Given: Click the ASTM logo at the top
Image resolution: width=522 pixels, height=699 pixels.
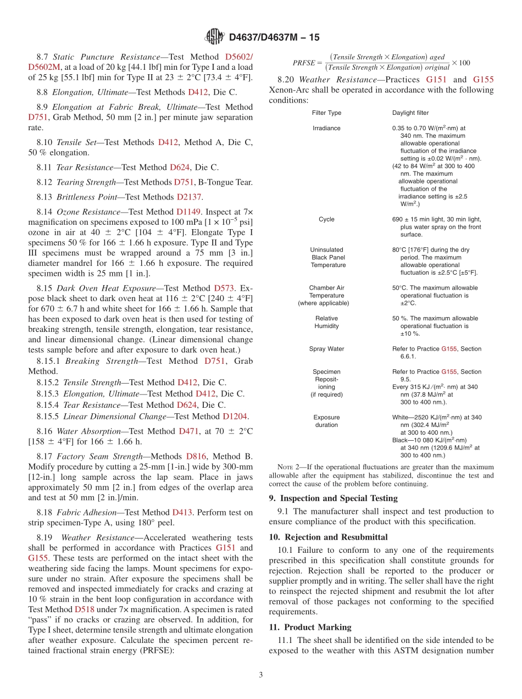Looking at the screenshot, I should click(x=214, y=37).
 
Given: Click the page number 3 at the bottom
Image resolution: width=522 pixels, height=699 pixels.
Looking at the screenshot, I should click(x=261, y=675).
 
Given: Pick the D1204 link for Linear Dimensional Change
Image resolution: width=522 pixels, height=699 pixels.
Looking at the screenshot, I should click(x=235, y=417).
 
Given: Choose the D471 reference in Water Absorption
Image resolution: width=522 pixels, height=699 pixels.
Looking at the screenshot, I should click(x=188, y=431).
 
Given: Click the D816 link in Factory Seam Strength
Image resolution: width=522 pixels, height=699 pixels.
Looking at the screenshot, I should click(x=196, y=457).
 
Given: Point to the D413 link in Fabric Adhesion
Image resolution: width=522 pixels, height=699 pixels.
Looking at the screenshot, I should click(x=182, y=513).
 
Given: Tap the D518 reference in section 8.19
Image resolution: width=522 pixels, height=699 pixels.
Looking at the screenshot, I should click(x=84, y=609).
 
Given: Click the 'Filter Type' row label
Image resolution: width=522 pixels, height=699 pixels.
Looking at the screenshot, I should click(x=326, y=113).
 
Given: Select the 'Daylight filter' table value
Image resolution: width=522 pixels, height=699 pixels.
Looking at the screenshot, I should click(x=410, y=113).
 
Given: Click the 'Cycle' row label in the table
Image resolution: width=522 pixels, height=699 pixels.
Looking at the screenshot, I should click(x=326, y=219).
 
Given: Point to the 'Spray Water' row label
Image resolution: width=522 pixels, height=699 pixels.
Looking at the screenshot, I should click(x=326, y=349).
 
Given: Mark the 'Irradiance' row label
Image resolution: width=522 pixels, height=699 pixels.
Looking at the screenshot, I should click(x=326, y=128).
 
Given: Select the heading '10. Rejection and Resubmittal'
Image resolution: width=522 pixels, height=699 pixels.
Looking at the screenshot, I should click(x=328, y=537).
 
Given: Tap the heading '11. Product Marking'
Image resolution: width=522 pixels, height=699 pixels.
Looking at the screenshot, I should click(x=310, y=627).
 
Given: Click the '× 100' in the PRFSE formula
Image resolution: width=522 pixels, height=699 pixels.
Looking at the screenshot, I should click(x=460, y=63).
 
